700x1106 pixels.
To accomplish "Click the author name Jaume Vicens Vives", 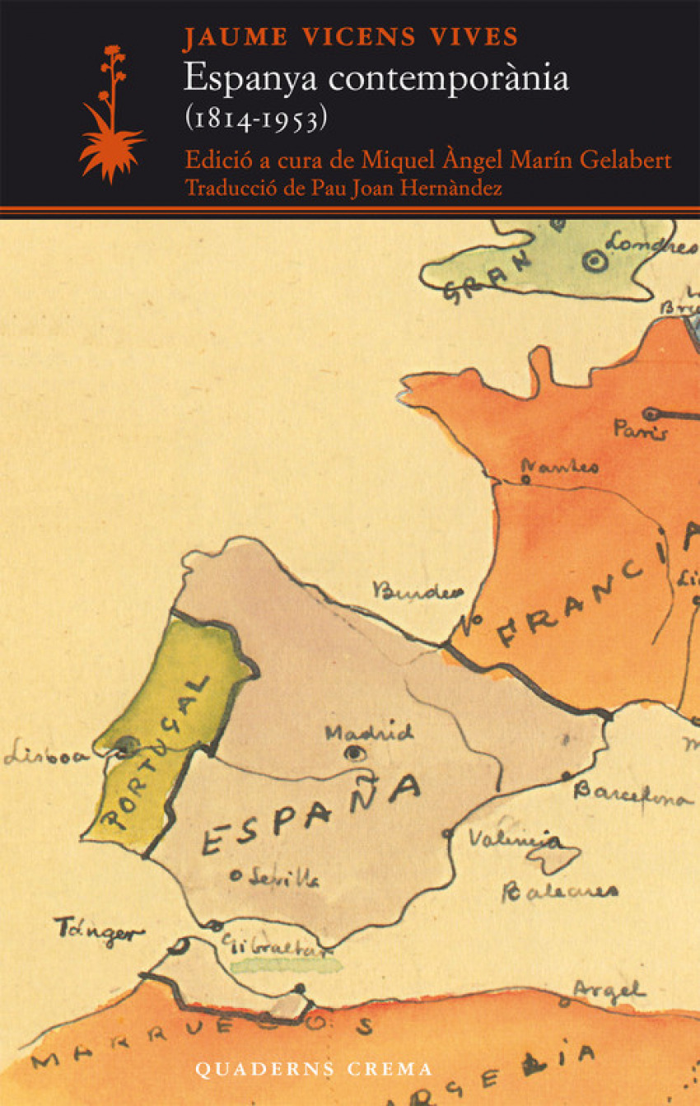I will [351, 37].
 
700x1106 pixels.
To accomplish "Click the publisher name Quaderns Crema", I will [313, 1069].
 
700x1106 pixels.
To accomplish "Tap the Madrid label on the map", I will [368, 732].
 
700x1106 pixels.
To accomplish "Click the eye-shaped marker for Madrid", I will [355, 753].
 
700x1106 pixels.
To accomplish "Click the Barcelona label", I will [632, 795].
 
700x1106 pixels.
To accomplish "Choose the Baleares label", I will [559, 890].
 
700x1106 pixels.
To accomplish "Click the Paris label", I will [640, 429].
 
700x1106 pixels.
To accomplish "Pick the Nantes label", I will [565, 466].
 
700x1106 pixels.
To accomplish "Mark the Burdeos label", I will [417, 590].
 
